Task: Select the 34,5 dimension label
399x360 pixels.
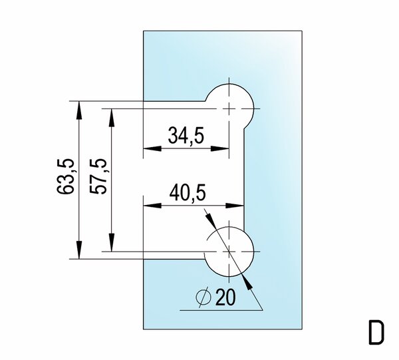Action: tap(186, 136)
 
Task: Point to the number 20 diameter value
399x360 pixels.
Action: tap(226, 299)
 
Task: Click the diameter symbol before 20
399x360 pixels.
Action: tap(205, 299)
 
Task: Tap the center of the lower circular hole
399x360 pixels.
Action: tap(229, 251)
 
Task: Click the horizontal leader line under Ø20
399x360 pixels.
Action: tap(219, 310)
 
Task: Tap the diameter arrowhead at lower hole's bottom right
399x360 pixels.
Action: tap(249, 282)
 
